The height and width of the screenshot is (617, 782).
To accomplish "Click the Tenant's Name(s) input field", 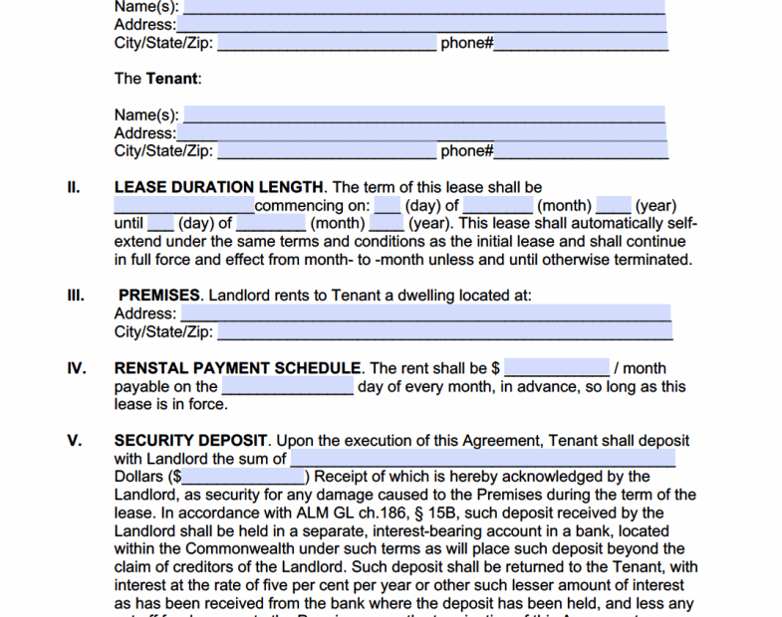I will (x=424, y=114).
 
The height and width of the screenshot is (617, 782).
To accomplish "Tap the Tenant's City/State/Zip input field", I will (x=326, y=151).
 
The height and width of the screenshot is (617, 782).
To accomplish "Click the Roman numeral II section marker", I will (x=74, y=187).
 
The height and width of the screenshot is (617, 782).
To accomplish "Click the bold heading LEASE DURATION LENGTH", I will (x=219, y=187).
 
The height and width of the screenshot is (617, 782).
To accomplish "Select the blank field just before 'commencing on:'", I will (x=184, y=206).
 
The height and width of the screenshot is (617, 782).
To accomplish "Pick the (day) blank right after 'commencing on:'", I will (x=388, y=206).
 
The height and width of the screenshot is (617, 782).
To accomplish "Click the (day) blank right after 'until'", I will (x=160, y=224).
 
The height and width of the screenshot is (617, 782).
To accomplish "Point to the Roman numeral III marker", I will (x=76, y=296).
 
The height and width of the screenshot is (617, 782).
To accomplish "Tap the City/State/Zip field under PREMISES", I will (x=444, y=331).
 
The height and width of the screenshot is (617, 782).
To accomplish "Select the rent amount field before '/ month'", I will (x=557, y=368).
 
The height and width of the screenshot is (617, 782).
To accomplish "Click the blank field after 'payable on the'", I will (x=287, y=386).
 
